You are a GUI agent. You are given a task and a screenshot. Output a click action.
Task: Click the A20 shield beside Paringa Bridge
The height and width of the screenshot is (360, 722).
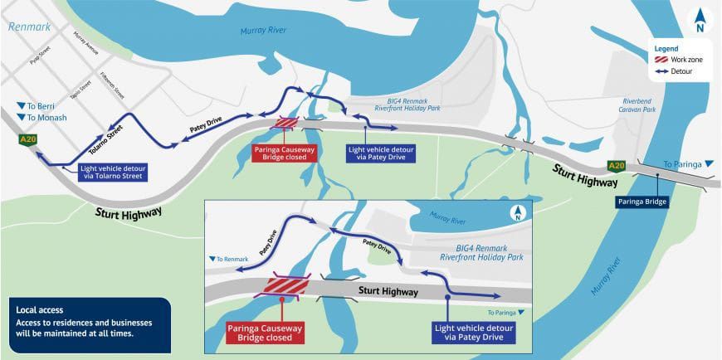pyautogui.click(x=615, y=165)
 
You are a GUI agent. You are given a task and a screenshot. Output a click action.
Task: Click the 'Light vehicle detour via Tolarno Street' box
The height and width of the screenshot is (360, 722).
pyautogui.click(x=113, y=173)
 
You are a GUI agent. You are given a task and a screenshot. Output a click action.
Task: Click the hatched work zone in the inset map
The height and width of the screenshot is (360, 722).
pyautogui.click(x=285, y=286)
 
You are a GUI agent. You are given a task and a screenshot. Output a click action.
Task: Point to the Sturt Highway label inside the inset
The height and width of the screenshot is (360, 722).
pyautogui.click(x=389, y=291)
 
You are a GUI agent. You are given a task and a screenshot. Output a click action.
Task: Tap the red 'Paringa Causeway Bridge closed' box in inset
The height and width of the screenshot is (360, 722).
pyautogui.click(x=265, y=333)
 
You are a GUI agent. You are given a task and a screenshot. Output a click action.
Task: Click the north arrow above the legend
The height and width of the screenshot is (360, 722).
pyautogui.click(x=700, y=19)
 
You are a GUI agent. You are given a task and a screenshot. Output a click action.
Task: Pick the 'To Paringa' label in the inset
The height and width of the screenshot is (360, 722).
pyautogui.click(x=506, y=312)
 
